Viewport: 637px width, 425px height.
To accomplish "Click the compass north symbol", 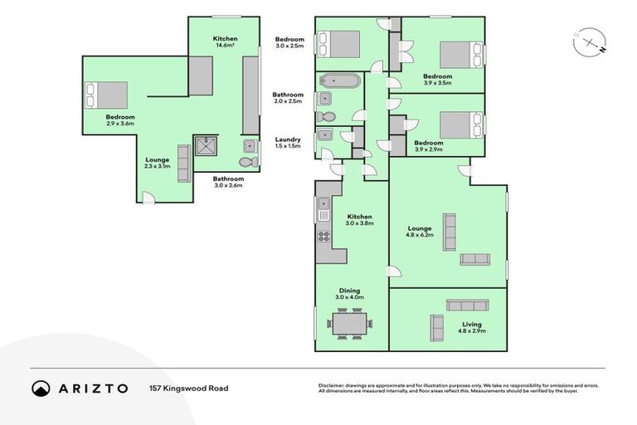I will point(587,41).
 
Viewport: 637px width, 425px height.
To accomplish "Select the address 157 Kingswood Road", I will point(188,388).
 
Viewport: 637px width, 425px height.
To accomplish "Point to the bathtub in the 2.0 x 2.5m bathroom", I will point(338,83).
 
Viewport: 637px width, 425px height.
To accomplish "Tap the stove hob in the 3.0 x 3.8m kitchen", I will point(323,236).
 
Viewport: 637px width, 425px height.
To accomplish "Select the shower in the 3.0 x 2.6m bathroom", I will point(204,146).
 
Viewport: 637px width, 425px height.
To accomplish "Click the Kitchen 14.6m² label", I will point(225,42).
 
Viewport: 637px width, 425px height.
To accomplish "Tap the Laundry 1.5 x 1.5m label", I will point(289,142).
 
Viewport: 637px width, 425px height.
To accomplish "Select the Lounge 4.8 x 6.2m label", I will point(420,231).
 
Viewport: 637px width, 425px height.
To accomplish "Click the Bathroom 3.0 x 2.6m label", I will point(227,182).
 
